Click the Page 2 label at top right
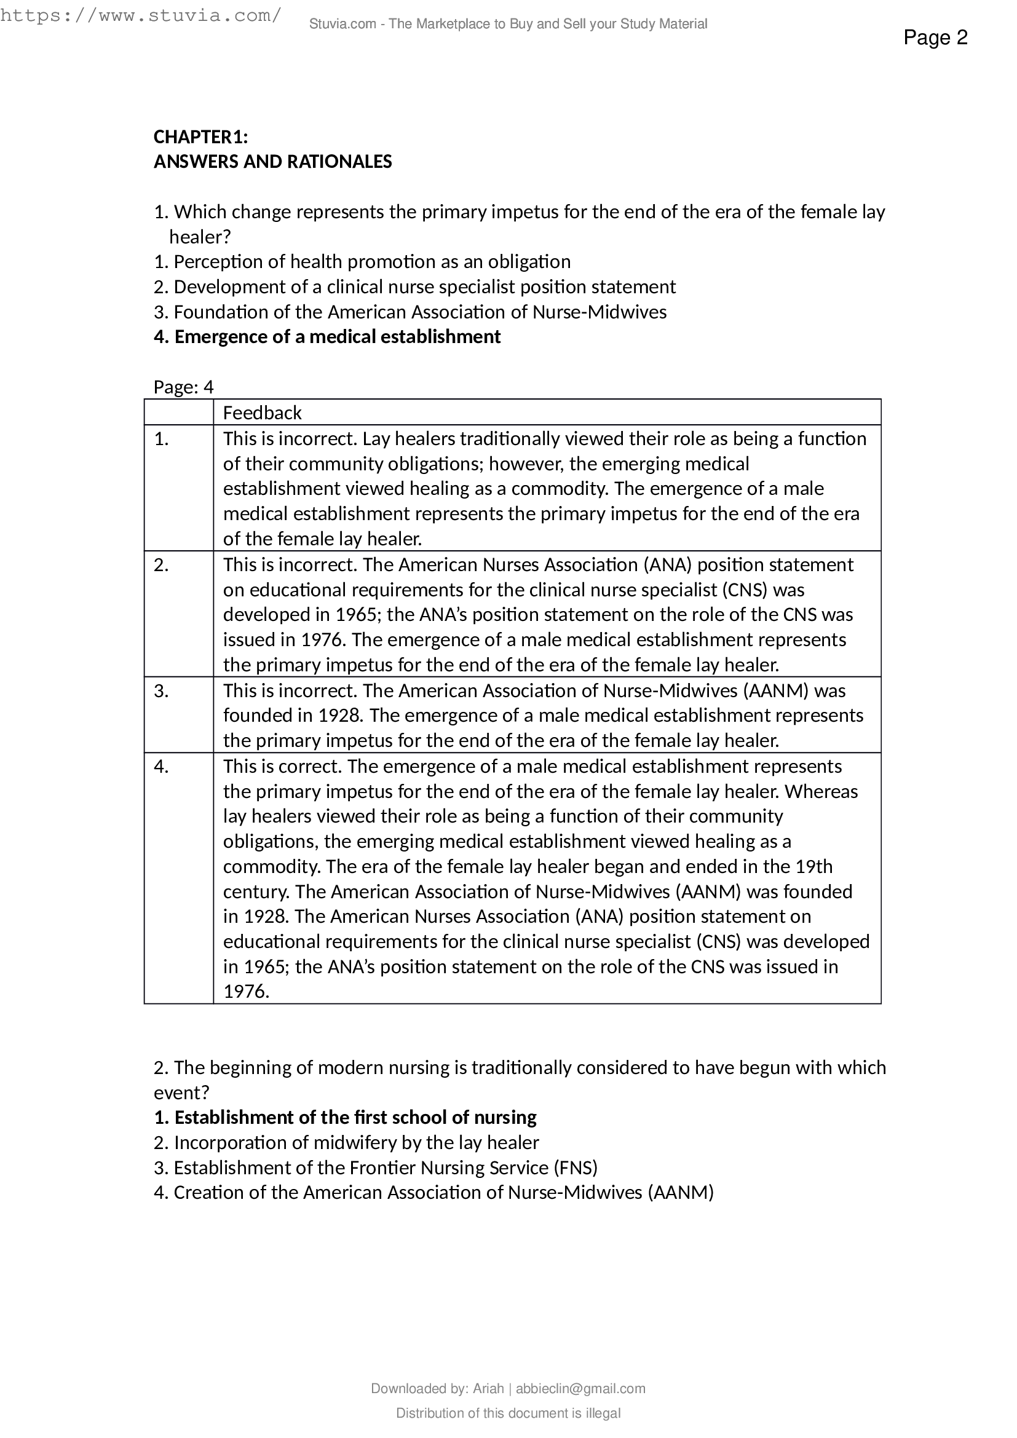pos(935,38)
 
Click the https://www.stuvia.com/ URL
pos(140,15)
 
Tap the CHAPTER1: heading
pos(200,136)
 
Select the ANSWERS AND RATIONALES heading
pos(272,162)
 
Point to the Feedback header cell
pos(262,413)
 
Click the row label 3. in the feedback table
pos(162,691)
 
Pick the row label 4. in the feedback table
pos(162,767)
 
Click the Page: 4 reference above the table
pos(183,387)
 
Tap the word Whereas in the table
pos(821,792)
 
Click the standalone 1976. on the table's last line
pos(246,992)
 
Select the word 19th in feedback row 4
pos(814,867)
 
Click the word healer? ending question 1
pos(200,237)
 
